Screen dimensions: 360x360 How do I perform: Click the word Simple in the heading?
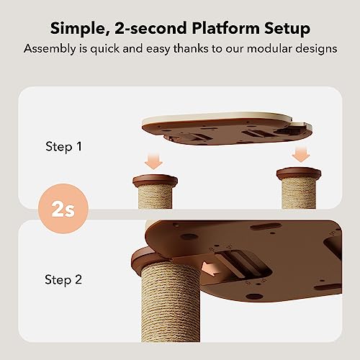pos(78,28)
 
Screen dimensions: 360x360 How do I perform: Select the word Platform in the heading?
pos(226,28)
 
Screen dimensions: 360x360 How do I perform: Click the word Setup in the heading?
pos(287,29)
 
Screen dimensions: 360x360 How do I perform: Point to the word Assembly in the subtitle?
pos(50,49)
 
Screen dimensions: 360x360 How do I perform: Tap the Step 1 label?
pos(63,146)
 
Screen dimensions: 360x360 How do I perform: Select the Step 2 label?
pos(63,279)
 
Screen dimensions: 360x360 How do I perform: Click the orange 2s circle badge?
pos(63,209)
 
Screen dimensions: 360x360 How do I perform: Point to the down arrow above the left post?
pos(153,162)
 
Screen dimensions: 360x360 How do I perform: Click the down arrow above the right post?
pos(301,154)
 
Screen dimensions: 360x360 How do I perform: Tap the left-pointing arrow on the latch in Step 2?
pos(210,269)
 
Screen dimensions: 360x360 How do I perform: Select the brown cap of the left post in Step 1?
pos(156,181)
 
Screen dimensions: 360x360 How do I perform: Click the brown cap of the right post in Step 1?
pos(299,174)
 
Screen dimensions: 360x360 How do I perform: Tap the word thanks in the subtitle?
pos(191,48)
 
